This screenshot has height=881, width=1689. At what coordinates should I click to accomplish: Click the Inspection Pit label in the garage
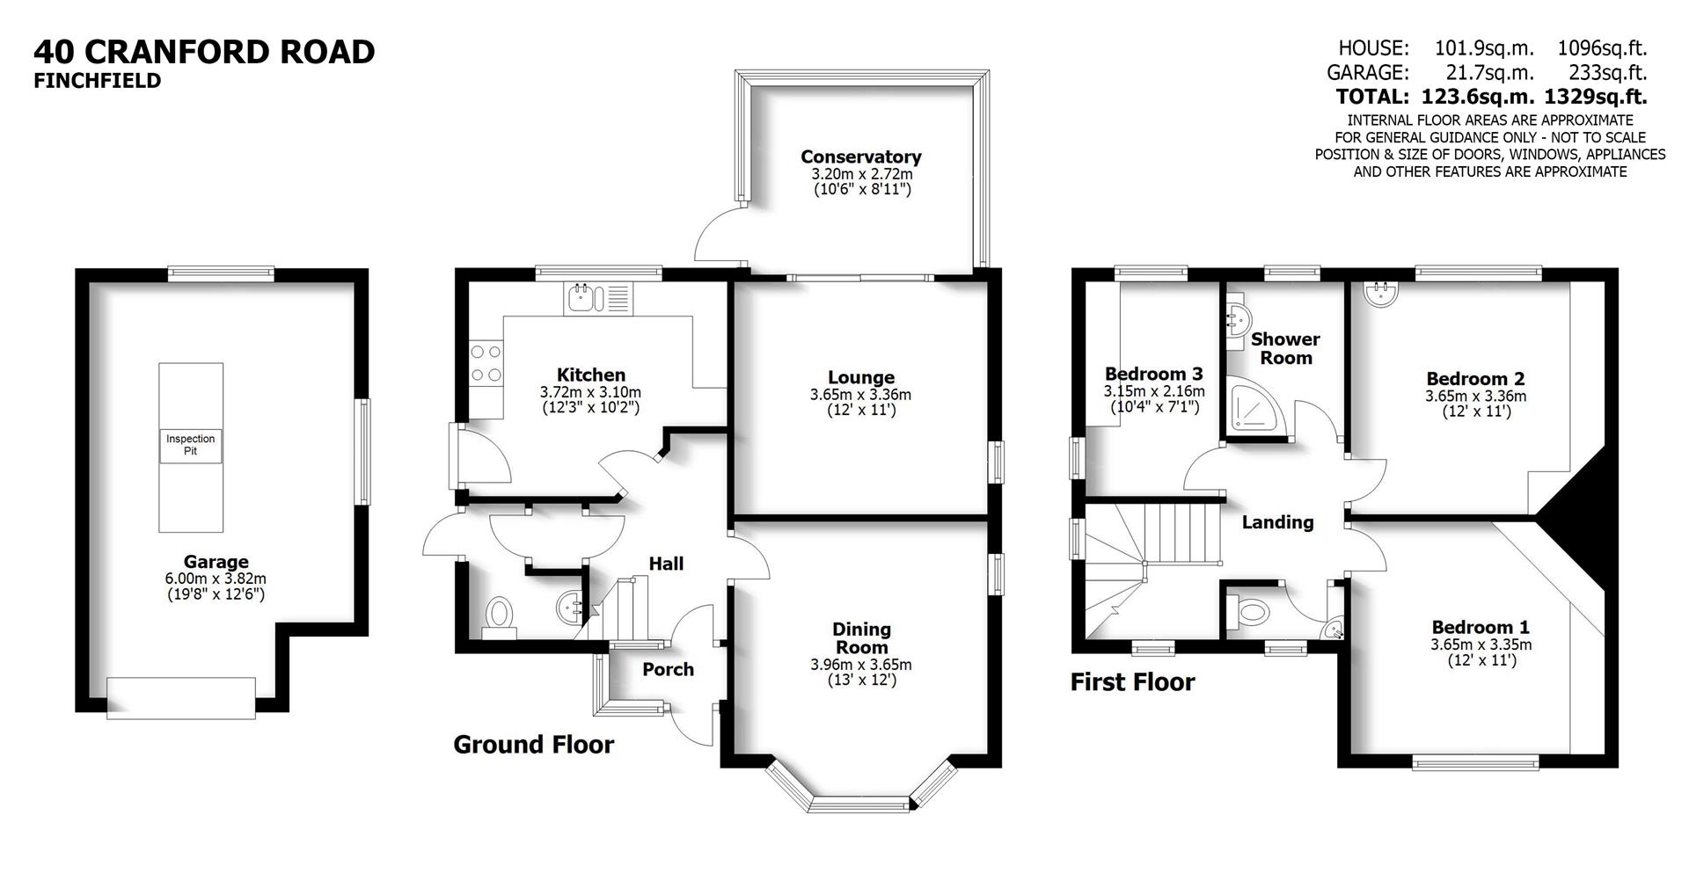(190, 445)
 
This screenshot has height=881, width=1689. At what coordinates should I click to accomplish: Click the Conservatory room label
(860, 157)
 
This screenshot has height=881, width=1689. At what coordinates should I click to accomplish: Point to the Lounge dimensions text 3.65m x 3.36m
(860, 396)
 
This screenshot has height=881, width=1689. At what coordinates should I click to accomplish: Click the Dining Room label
(861, 638)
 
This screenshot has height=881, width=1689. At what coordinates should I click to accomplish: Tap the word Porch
(668, 670)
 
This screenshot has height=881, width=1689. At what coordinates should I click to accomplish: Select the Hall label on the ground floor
(666, 564)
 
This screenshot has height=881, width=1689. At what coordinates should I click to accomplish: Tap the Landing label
(1277, 522)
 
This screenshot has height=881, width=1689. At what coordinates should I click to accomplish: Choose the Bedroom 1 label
(1481, 628)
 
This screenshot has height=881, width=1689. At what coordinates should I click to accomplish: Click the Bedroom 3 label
(1153, 374)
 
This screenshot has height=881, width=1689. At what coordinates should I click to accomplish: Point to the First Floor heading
(1132, 682)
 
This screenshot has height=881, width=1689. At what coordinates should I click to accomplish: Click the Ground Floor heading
(533, 745)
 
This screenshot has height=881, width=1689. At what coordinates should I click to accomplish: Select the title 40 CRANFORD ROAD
(204, 52)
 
